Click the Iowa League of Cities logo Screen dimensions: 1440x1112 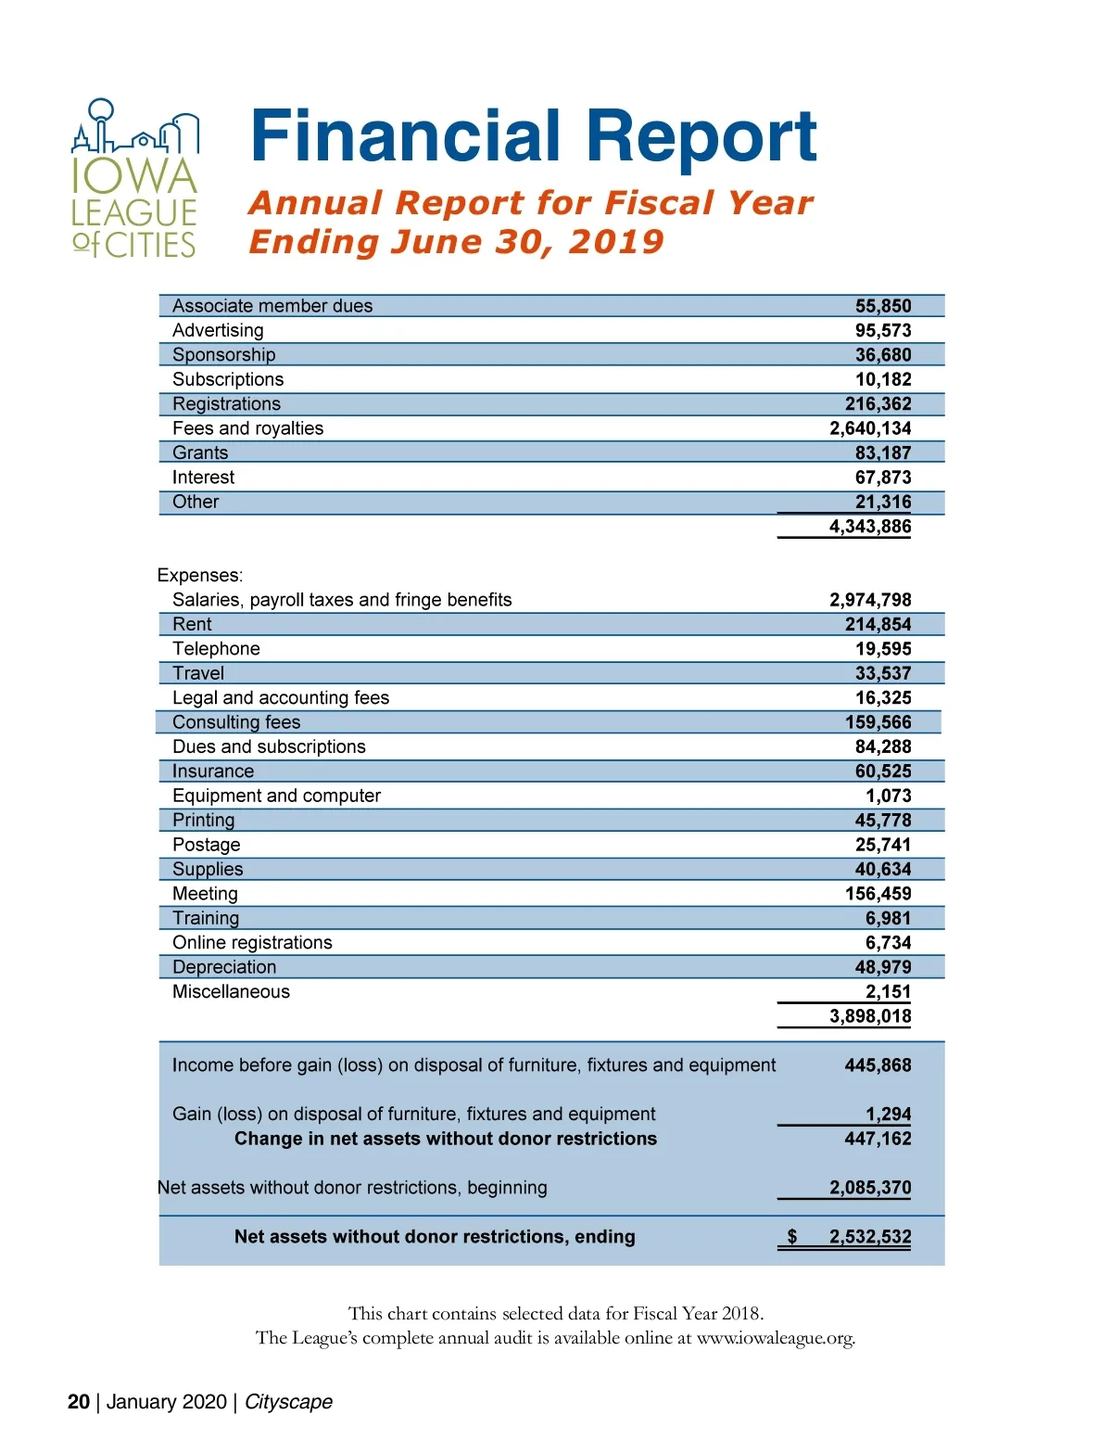[x=135, y=179]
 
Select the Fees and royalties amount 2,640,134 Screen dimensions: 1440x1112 [x=869, y=428]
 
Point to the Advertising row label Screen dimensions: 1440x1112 [x=218, y=330]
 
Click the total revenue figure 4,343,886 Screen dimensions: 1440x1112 [x=869, y=527]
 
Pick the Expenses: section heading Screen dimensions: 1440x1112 [x=200, y=575]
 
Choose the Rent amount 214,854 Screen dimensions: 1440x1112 [x=878, y=624]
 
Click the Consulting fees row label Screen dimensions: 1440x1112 [x=236, y=722]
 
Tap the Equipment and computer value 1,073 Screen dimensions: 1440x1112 [x=888, y=796]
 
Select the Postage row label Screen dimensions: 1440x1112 [x=206, y=845]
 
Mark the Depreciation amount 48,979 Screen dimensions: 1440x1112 [x=882, y=967]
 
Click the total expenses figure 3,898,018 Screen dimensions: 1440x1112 [x=869, y=1016]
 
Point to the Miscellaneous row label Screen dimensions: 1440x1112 [x=231, y=991]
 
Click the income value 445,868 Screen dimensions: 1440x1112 [x=878, y=1065]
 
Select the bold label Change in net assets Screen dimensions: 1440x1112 [x=445, y=1139]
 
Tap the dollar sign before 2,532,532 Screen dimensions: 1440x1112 [x=791, y=1237]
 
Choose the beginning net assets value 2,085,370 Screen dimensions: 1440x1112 [x=869, y=1188]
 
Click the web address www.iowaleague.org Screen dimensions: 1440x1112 [x=775, y=1338]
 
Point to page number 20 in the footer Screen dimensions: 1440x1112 [x=79, y=1402]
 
